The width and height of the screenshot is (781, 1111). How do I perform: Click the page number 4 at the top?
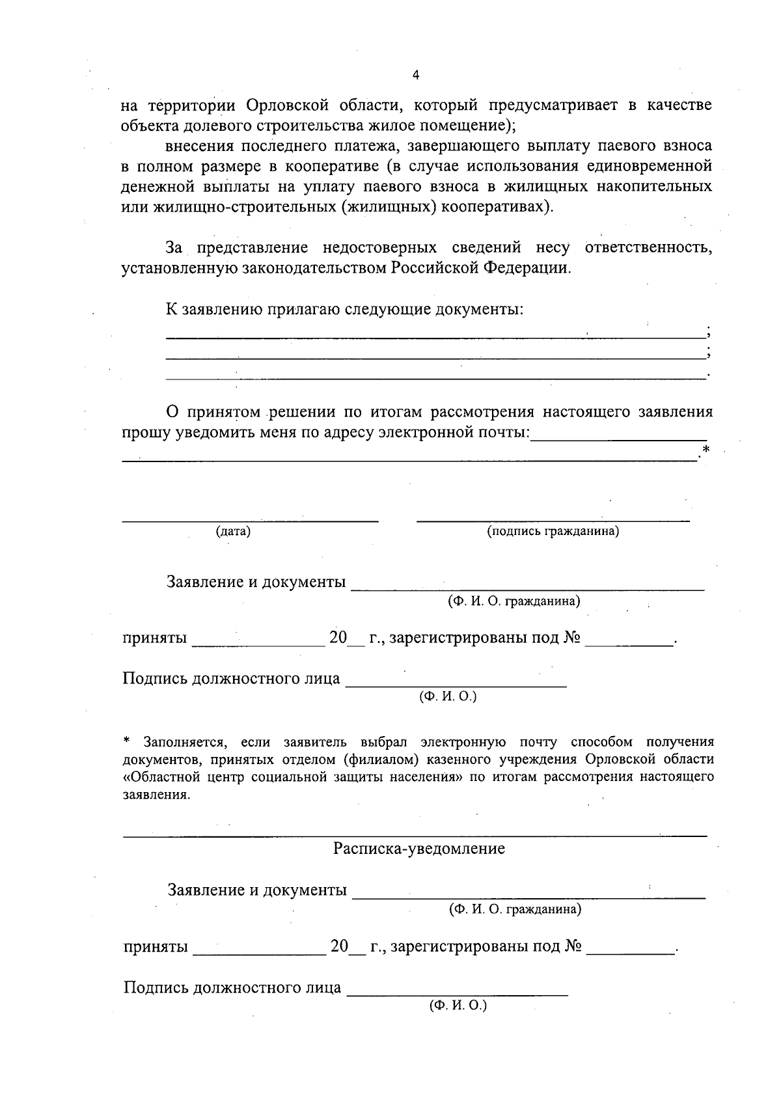(x=417, y=75)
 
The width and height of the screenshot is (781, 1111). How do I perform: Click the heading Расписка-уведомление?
(x=418, y=849)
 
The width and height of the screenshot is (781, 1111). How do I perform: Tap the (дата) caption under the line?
(x=233, y=532)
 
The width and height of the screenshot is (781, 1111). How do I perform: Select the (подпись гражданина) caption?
(x=553, y=532)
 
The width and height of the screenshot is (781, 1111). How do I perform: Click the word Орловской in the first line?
(x=301, y=105)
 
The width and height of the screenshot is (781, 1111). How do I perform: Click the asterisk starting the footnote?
(x=128, y=742)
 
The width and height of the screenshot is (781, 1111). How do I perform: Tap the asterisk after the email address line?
(x=706, y=450)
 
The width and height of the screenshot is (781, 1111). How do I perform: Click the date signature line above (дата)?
(x=251, y=521)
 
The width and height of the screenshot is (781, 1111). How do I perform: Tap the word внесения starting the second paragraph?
(x=197, y=146)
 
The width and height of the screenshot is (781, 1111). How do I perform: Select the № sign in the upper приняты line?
(x=572, y=638)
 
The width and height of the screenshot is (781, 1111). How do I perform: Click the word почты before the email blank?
(x=504, y=433)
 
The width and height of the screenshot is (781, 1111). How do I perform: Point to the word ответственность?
(x=648, y=248)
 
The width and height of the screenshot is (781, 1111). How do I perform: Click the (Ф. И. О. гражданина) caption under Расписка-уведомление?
(x=515, y=909)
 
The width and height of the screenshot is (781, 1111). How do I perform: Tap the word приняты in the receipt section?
(x=156, y=947)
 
